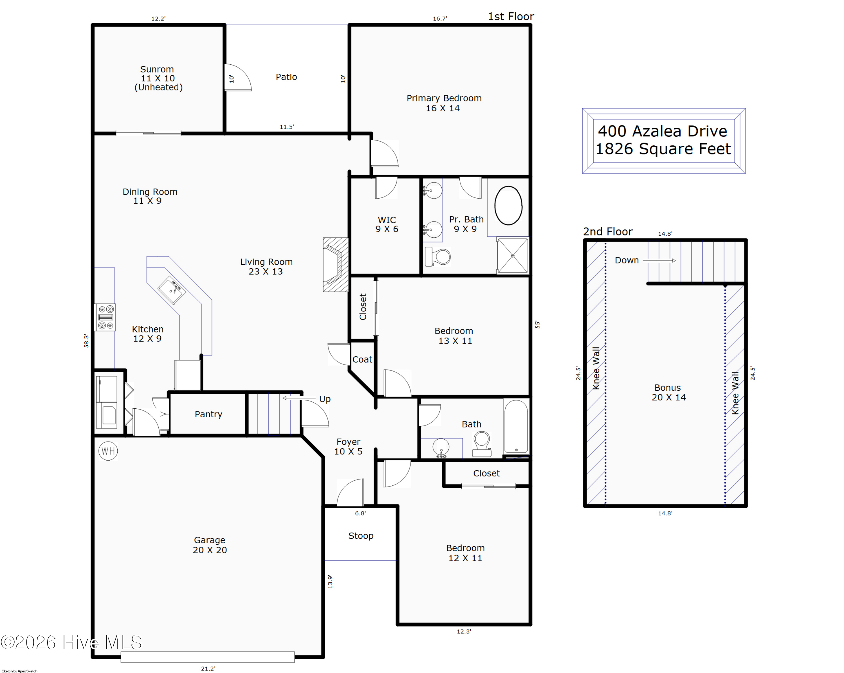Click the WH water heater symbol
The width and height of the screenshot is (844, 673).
coord(108,451)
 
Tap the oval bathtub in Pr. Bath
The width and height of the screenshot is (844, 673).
coord(508,205)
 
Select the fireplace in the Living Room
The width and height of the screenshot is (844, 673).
coord(335,265)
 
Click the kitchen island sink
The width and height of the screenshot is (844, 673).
coord(171,290)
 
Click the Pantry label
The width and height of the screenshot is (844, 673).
coord(208,414)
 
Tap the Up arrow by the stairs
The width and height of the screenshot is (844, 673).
coord(299,398)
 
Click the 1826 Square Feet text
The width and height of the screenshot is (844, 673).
coord(663,149)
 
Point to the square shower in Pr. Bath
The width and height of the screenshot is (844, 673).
coord(512,256)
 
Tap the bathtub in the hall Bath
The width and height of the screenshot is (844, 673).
coord(516,426)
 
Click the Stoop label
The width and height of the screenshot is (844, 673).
coord(361,536)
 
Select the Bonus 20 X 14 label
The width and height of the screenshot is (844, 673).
coord(668,392)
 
